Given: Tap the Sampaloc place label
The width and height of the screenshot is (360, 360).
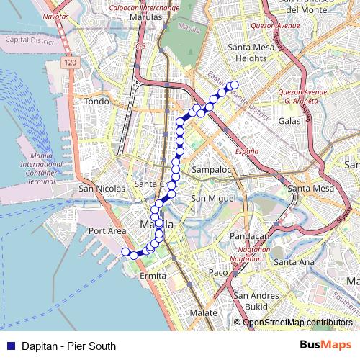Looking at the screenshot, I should pyautogui.click(x=211, y=170).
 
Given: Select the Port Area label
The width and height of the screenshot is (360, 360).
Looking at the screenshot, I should pyautogui.click(x=107, y=230).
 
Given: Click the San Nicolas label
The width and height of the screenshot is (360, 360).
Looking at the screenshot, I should pyautogui.click(x=102, y=189).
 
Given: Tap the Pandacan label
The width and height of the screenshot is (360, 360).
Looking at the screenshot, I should pyautogui.click(x=249, y=235).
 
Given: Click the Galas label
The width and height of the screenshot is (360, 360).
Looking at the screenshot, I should pyautogui.click(x=289, y=121).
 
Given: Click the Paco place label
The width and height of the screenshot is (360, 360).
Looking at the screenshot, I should pyautogui.click(x=217, y=272).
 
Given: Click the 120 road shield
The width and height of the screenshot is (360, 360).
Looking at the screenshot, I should pyautogui.click(x=68, y=63).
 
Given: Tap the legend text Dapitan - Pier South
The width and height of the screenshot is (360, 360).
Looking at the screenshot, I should pyautogui.click(x=68, y=346).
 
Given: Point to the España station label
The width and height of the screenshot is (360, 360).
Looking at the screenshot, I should pyautogui.click(x=247, y=152).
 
